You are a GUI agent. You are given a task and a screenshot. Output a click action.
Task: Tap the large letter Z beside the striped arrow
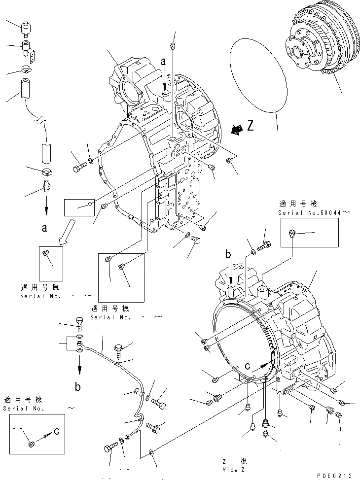[251, 126]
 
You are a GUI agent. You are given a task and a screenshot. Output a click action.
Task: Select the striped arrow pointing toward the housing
[236, 129]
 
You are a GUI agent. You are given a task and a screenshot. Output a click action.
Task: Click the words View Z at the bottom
[234, 469]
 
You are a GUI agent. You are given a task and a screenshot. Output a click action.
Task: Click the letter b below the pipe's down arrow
[77, 387]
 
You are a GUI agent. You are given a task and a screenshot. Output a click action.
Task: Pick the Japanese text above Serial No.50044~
[298, 203]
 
